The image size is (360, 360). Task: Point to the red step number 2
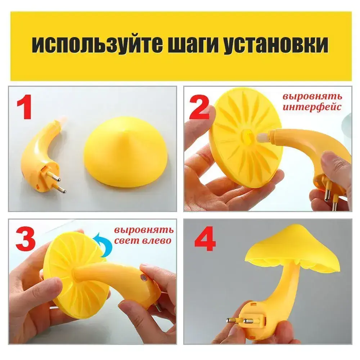click(199, 107)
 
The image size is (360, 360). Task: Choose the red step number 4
click(205, 239)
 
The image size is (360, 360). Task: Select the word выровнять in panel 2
click(312, 96)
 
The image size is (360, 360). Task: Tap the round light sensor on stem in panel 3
click(144, 277)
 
